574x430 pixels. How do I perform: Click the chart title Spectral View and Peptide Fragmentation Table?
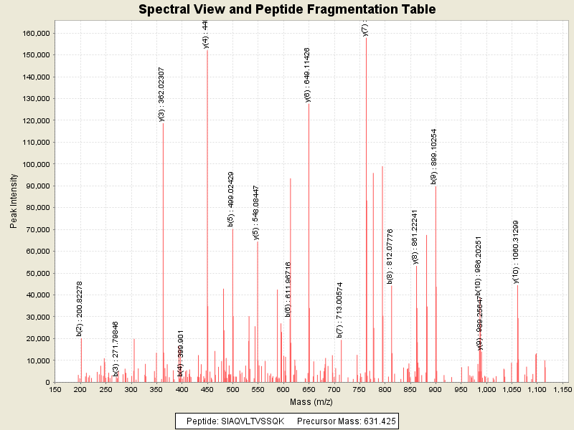pyautogui.click(x=287, y=9)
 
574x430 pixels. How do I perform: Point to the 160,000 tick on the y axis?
pyautogui.click(x=33, y=33)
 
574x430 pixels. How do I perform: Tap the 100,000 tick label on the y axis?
pyautogui.click(x=33, y=164)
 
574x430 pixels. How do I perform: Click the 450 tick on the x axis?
pyautogui.click(x=207, y=389)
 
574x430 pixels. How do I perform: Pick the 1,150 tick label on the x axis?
pyautogui.click(x=562, y=389)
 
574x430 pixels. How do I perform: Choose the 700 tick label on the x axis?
pyautogui.click(x=334, y=389)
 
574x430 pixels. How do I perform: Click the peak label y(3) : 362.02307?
pyautogui.click(x=161, y=94)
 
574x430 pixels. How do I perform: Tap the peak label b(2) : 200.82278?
pyautogui.click(x=80, y=308)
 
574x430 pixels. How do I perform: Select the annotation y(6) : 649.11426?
pyautogui.click(x=308, y=75)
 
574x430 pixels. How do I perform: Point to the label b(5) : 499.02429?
pyautogui.click(x=231, y=199)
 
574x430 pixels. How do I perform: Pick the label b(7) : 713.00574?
pyautogui.click(x=339, y=310)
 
